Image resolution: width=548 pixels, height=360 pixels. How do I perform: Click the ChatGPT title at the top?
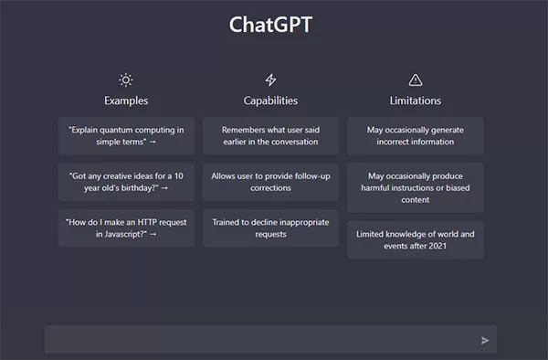coord(270,25)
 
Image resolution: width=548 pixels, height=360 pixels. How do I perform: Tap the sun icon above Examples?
coord(126,80)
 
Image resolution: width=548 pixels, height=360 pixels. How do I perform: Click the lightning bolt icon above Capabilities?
coord(270,80)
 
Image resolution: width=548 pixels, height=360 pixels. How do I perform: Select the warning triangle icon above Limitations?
coord(416,80)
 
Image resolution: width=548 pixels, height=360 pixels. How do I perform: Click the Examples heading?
coord(126,101)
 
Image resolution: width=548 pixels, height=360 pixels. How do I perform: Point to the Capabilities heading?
coord(270,101)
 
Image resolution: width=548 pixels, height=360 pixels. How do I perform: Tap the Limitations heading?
coord(416,101)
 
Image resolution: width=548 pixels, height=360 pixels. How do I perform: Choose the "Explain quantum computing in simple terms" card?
coord(126,135)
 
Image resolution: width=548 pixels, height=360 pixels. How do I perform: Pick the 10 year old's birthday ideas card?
coord(126,182)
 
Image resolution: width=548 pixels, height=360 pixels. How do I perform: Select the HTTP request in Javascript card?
coord(126,228)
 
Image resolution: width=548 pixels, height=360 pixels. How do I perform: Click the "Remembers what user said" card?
coord(270,135)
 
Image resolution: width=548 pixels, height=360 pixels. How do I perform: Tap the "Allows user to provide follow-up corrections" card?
coord(270,182)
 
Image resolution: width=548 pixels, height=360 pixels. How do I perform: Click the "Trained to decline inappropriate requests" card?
coord(270,228)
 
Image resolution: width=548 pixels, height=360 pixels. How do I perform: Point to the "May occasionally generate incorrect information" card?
coord(416,135)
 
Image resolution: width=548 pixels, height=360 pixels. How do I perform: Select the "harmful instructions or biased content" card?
coord(416,187)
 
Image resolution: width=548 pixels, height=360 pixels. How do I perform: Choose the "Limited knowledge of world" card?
coord(416,239)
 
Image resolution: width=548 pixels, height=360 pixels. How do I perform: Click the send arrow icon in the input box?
coord(485,340)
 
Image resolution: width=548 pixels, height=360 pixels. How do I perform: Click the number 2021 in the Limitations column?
coord(437,246)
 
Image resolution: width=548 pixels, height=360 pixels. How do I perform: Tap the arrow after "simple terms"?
coord(153,142)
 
